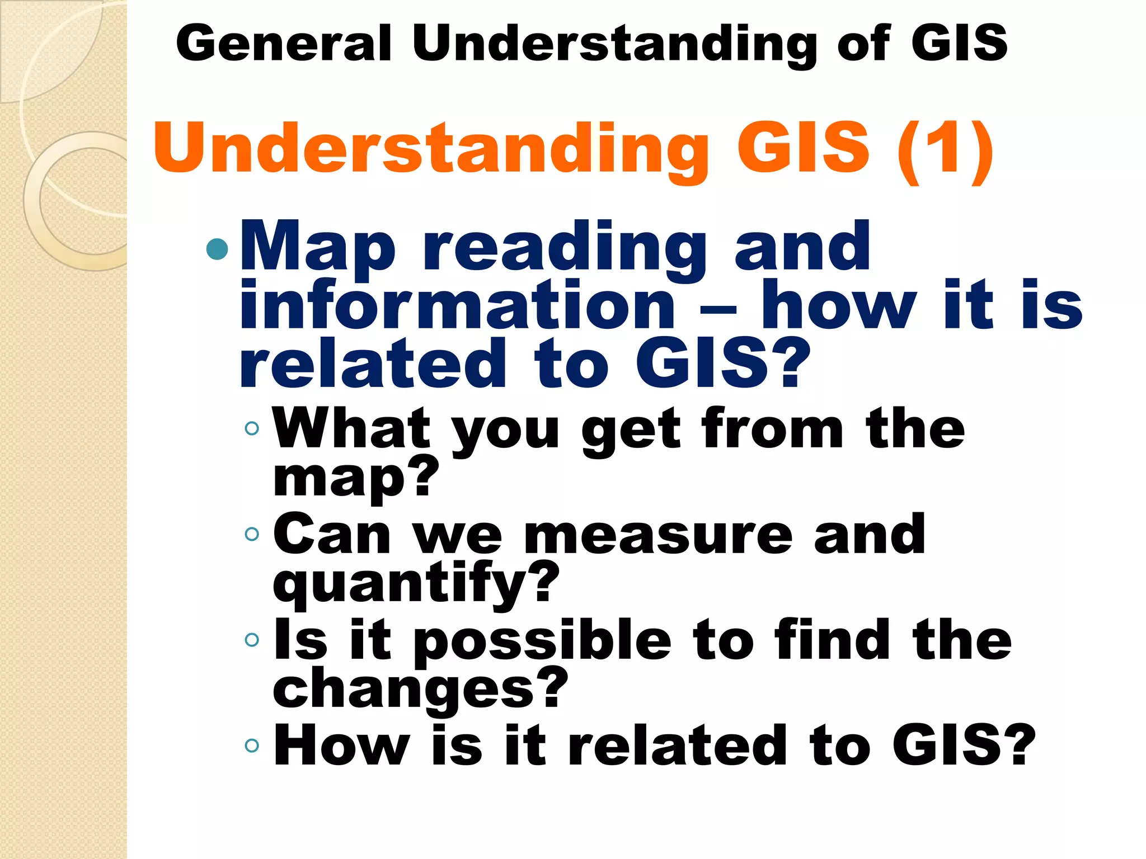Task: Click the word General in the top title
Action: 283,43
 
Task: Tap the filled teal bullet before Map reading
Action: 217,249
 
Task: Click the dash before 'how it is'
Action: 718,309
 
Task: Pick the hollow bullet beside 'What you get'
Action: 252,428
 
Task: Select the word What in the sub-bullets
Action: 351,428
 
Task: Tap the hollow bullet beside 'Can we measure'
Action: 252,534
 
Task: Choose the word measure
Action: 658,535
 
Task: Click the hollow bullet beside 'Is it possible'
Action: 252,639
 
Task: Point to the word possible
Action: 542,642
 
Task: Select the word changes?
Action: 420,689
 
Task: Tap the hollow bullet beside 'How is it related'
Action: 252,745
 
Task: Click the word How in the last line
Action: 342,745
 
